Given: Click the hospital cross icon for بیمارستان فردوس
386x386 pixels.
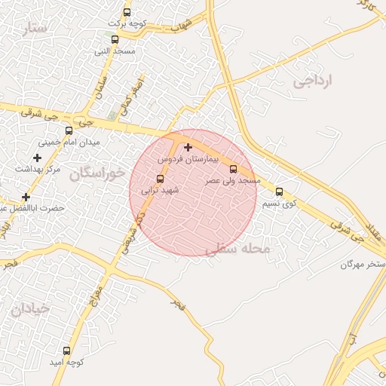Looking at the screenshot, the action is point(188,147).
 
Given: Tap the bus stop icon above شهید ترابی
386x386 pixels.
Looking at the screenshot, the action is point(160,179).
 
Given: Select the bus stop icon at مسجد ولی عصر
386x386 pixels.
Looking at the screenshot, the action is point(233,169).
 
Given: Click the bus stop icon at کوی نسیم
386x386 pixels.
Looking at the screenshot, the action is point(279,191).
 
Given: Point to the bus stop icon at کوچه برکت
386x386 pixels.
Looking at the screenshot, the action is point(127,12).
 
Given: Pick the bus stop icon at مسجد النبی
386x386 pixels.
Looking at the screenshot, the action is point(115,39).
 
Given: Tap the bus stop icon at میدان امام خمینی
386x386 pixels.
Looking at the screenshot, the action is point(69,130).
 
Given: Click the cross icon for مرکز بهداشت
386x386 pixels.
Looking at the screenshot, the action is point(37,158).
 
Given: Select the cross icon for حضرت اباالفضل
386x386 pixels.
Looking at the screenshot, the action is point(26,196).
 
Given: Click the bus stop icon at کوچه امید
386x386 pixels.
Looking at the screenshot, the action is point(66,351).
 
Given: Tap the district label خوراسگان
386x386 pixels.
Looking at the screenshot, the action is point(96,174).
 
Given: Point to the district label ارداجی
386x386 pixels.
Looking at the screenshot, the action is point(314,81).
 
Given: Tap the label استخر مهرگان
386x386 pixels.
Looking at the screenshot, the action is point(363,265).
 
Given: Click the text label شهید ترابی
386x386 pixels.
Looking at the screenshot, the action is point(160,191).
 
